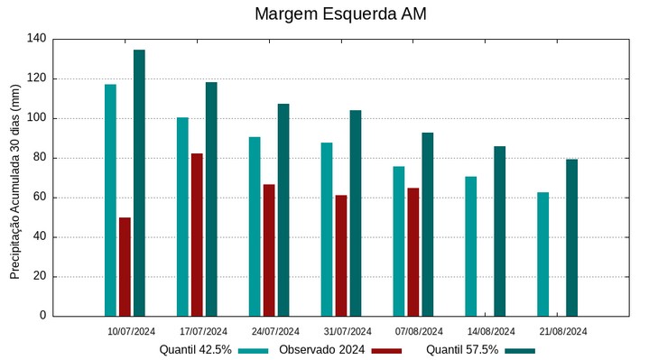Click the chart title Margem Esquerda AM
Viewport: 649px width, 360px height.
point(340,14)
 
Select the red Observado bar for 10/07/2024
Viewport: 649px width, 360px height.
point(125,266)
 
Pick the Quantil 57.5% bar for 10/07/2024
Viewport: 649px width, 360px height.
point(139,182)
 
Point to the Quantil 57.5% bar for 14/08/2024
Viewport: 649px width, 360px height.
point(499,231)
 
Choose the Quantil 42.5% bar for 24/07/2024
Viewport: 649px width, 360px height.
point(255,226)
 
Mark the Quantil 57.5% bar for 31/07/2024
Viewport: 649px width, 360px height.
point(355,213)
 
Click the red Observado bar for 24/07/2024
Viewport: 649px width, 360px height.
point(269,250)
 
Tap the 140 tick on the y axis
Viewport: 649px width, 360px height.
point(37,39)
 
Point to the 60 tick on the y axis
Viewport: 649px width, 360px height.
point(40,198)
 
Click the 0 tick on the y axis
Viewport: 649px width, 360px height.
point(42,316)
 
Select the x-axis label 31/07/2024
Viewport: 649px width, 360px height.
point(347,331)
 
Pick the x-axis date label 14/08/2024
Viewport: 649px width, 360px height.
point(491,331)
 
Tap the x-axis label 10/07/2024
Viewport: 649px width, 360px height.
point(131,331)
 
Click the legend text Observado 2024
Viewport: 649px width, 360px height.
point(321,350)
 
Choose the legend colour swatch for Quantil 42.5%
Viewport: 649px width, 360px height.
point(255,350)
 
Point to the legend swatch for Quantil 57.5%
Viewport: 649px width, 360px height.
point(520,350)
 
